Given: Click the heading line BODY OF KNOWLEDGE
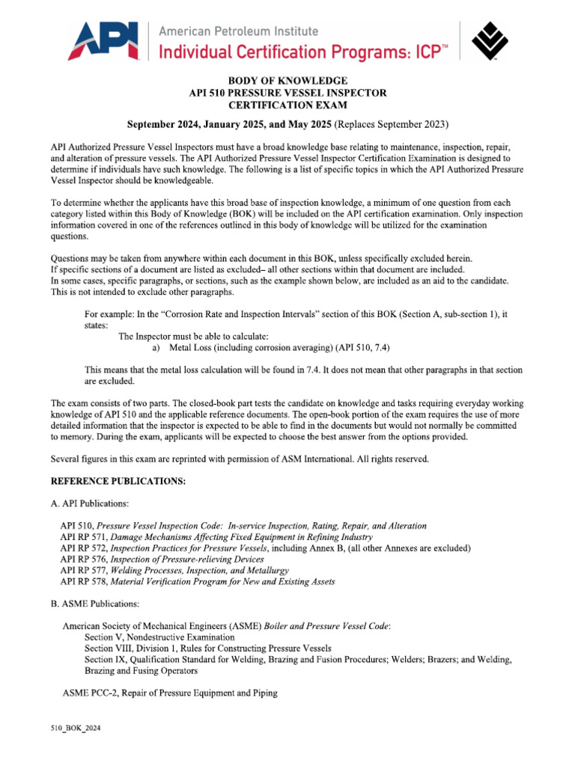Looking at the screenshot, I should [287, 80].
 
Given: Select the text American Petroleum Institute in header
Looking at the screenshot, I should [240, 31].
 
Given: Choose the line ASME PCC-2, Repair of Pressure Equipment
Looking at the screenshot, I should [170, 693].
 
